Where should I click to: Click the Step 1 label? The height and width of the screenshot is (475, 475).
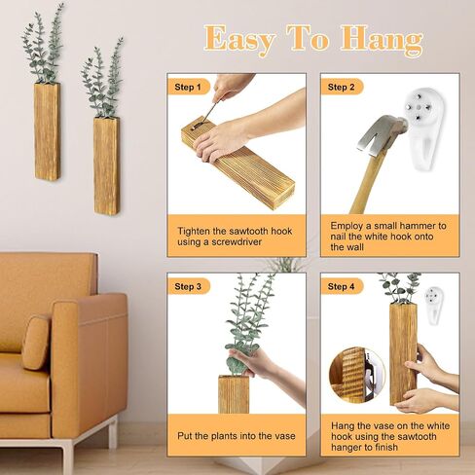pyautogui.click(x=188, y=87)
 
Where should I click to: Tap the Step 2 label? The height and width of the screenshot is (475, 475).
pyautogui.click(x=341, y=87)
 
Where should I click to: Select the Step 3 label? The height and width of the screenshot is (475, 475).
pyautogui.click(x=188, y=286)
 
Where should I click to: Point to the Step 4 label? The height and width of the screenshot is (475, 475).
pyautogui.click(x=341, y=286)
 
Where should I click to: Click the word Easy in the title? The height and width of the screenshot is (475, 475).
pyautogui.click(x=240, y=40)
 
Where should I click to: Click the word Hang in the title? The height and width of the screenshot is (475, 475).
pyautogui.click(x=382, y=41)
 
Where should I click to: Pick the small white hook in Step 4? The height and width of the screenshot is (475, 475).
pyautogui.click(x=434, y=305)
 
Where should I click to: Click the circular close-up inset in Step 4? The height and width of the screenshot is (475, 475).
pyautogui.click(x=357, y=375)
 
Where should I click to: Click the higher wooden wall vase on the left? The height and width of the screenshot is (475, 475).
pyautogui.click(x=47, y=131)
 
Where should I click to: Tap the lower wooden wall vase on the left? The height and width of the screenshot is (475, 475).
pyautogui.click(x=107, y=166)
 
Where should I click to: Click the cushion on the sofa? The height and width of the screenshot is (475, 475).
pyautogui.click(x=36, y=343)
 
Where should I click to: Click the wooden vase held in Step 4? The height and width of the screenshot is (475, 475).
pyautogui.click(x=403, y=353)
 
